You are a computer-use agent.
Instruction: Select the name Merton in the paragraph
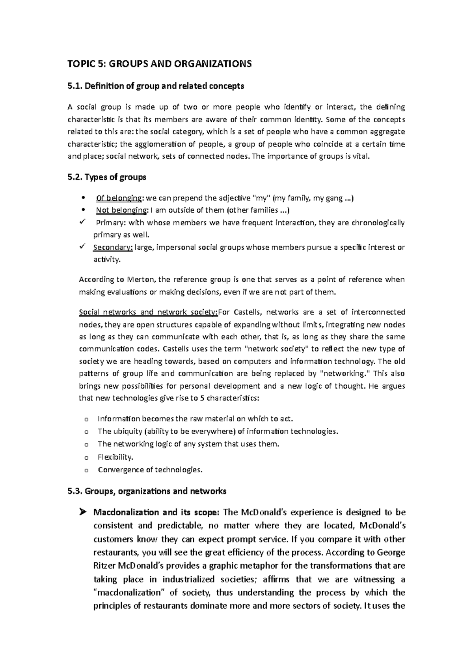(141, 280)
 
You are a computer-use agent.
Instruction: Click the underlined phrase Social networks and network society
(148, 313)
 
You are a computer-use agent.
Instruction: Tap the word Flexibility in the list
(115, 457)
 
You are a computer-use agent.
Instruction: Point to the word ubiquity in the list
(128, 432)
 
